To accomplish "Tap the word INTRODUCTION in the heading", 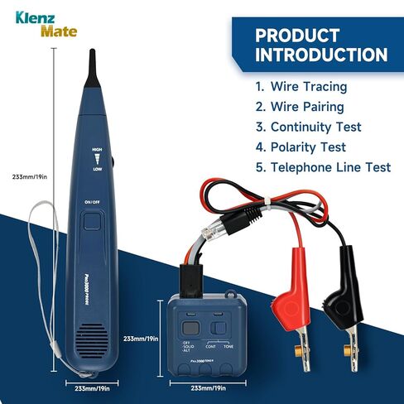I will [x=321, y=55].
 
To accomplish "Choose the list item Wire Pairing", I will [x=302, y=107].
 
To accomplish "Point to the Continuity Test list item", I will [x=310, y=127].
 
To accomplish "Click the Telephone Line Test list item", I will [x=323, y=167].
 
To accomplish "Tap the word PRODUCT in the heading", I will [x=297, y=35].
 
